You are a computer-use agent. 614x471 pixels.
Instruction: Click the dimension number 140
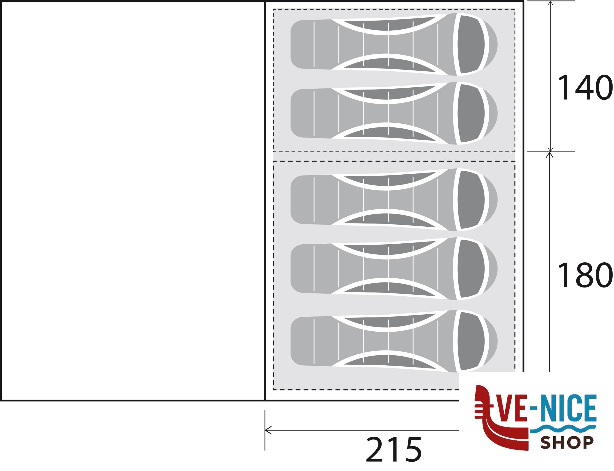(585, 87)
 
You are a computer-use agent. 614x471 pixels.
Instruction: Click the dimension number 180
(585, 275)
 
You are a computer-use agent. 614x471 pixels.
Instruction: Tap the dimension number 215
(394, 449)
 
